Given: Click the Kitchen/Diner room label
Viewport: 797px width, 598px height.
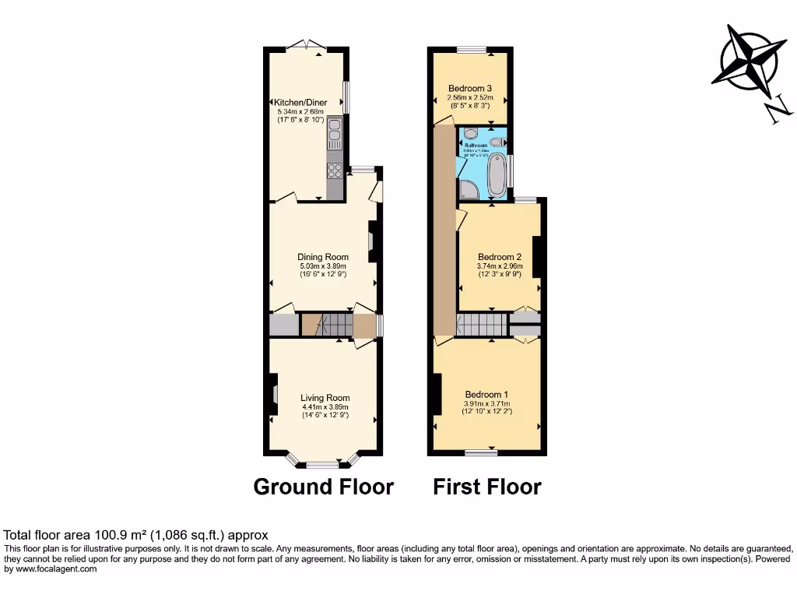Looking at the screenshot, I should (300, 102).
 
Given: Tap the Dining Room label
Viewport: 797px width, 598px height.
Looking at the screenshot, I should (323, 257).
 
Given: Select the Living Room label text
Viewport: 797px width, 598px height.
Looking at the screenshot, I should (325, 398).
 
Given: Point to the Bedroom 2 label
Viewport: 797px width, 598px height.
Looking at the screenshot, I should (500, 257).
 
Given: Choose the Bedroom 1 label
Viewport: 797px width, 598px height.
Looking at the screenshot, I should (487, 393).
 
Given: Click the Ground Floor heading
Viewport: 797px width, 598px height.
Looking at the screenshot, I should (324, 487).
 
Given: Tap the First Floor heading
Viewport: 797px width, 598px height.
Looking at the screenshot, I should (487, 487).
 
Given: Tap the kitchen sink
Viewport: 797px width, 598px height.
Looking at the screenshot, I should (335, 135).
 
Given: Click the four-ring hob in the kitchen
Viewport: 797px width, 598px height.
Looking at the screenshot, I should (335, 171).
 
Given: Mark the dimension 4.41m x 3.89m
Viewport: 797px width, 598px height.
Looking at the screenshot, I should (325, 406).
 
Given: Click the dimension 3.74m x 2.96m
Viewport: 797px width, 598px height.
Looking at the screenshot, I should (500, 266).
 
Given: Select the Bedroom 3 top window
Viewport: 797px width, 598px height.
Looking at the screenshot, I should (471, 50).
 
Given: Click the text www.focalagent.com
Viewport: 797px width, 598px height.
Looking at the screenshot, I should (51, 569).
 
